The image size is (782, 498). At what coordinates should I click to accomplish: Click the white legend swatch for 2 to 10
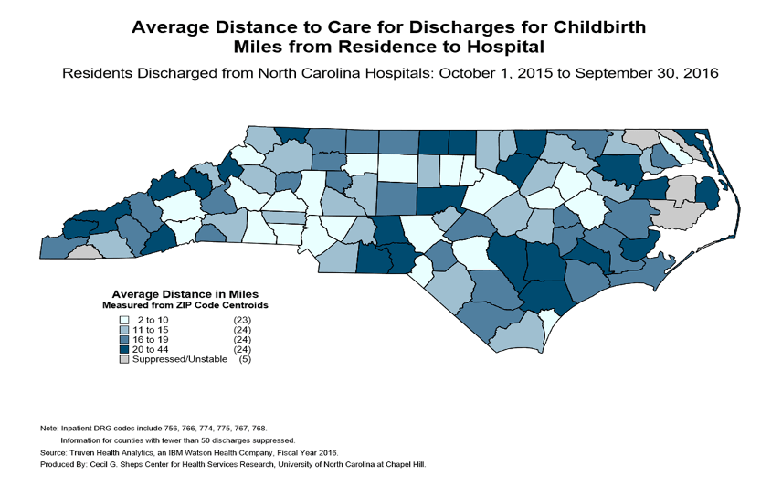(x=123, y=320)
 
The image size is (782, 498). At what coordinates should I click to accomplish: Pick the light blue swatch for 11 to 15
(x=123, y=330)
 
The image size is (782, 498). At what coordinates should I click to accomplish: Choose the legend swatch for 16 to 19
(x=123, y=340)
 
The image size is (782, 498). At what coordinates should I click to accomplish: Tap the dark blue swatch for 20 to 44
(x=123, y=350)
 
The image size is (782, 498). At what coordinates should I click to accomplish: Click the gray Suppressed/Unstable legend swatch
(x=123, y=360)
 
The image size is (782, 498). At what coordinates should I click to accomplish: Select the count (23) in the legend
(x=244, y=320)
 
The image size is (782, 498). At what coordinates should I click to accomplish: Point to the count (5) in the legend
(x=244, y=360)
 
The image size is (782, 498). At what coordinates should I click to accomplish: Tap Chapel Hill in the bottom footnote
(x=406, y=465)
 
